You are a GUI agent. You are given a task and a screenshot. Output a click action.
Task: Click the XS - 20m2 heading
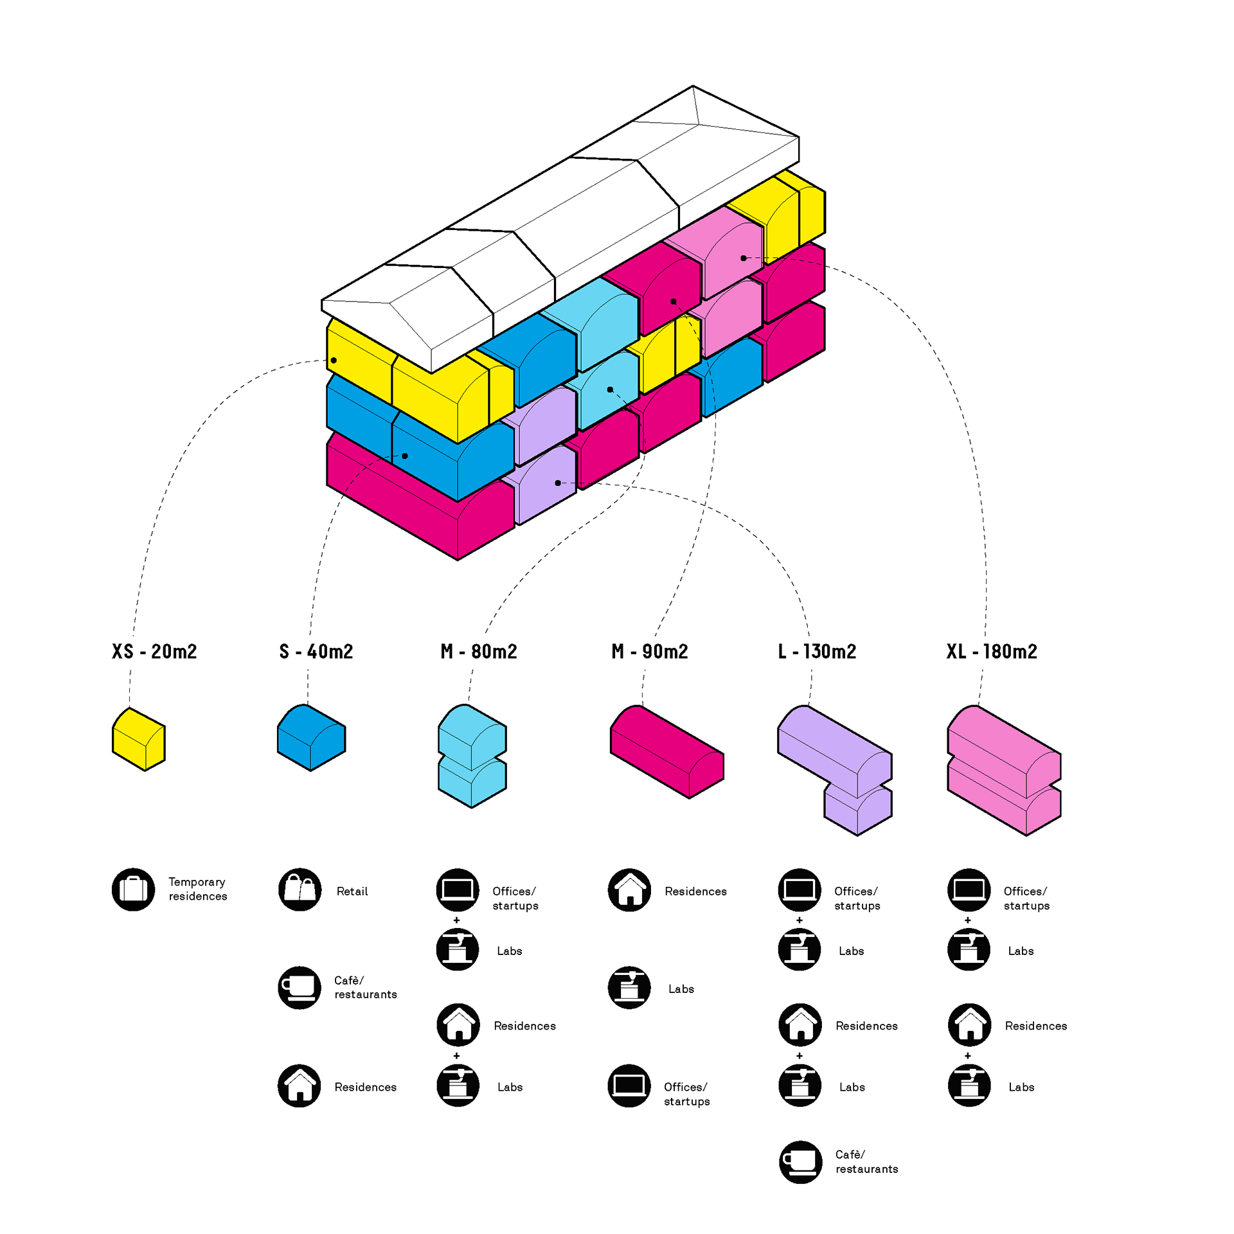(154, 652)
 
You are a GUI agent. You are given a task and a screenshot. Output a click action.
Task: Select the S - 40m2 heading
(316, 652)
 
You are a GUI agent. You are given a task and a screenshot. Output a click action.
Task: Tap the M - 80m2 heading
(479, 652)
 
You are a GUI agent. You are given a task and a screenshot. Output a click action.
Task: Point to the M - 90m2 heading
(650, 652)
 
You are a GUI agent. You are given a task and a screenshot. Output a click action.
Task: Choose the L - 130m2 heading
(817, 652)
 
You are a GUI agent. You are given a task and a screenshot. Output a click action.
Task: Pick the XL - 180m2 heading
(992, 652)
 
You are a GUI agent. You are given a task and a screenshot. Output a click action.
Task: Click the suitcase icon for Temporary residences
(134, 890)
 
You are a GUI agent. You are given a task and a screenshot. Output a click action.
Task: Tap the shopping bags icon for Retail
(300, 890)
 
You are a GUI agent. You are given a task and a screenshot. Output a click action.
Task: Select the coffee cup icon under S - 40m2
(300, 988)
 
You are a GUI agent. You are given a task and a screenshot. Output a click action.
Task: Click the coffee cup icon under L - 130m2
(801, 1162)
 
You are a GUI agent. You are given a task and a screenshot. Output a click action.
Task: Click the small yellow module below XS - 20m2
(139, 739)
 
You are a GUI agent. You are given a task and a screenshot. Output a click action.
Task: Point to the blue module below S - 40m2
(311, 737)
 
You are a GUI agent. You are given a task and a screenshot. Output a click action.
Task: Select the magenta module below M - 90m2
(667, 751)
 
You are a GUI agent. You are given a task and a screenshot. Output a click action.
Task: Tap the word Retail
(352, 891)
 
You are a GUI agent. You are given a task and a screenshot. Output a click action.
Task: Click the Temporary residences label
(198, 889)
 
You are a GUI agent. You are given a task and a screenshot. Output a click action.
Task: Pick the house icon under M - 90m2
(630, 890)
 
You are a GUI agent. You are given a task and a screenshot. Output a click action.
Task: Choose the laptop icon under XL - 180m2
(969, 890)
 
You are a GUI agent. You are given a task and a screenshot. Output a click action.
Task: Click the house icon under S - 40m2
(300, 1086)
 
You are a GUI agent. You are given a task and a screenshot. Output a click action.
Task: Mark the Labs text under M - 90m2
(681, 989)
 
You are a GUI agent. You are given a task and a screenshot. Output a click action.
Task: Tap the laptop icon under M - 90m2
(630, 1086)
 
